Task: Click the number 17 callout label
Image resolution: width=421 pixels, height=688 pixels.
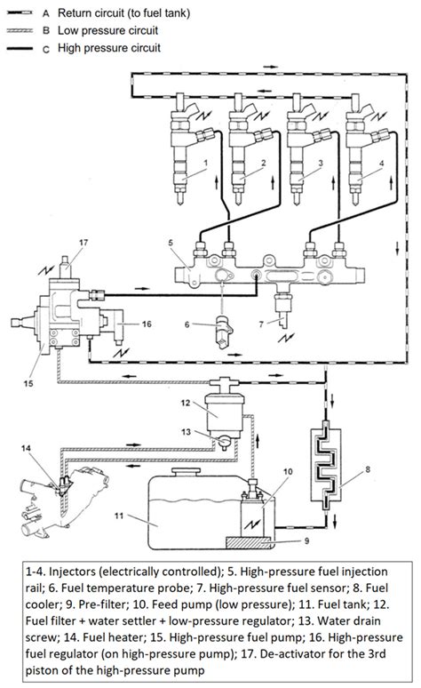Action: [83, 242]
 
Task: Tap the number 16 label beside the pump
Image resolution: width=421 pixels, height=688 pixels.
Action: [147, 324]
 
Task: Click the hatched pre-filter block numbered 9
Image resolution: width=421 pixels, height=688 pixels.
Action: [249, 543]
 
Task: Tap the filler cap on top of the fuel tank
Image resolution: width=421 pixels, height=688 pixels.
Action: [187, 473]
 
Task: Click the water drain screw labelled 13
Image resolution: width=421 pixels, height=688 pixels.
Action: [224, 443]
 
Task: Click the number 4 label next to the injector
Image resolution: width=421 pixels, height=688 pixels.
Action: [382, 164]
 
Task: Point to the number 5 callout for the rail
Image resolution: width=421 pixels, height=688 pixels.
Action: [171, 242]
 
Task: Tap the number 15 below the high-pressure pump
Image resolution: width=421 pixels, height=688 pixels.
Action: [28, 383]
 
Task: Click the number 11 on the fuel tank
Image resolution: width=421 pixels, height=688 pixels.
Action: [119, 516]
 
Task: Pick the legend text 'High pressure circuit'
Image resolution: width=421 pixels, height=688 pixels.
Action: [109, 48]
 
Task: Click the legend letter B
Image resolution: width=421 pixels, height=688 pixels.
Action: [46, 31]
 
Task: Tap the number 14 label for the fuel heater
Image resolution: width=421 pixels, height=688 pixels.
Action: [26, 448]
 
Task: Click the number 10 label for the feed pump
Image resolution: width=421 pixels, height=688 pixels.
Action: [288, 472]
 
